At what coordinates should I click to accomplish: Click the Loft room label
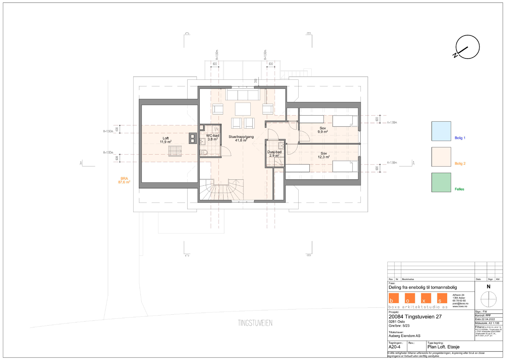[165, 140]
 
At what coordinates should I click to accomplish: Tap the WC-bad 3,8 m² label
[212, 137]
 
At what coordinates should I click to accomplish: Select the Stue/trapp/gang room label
[241, 139]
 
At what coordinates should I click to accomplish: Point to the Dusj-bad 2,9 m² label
[274, 154]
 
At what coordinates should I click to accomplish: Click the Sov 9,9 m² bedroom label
[323, 130]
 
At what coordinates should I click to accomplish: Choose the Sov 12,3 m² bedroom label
[324, 155]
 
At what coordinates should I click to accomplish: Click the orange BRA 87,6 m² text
[124, 180]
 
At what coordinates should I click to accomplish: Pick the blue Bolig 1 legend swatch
[441, 131]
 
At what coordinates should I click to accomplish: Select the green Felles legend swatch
[441, 182]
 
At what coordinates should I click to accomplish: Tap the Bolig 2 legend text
[460, 163]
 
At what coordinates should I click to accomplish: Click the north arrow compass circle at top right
[467, 47]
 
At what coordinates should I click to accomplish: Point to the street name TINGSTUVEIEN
[255, 323]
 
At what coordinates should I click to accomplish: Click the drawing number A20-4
[395, 347]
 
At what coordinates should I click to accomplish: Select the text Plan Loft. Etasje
[443, 347]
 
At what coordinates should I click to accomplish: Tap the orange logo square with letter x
[426, 298]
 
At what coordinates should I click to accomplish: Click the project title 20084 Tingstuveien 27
[415, 316]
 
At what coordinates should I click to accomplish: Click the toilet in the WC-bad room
[204, 152]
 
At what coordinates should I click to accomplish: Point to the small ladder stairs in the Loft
[175, 151]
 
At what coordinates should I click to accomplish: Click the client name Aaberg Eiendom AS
[404, 336]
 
